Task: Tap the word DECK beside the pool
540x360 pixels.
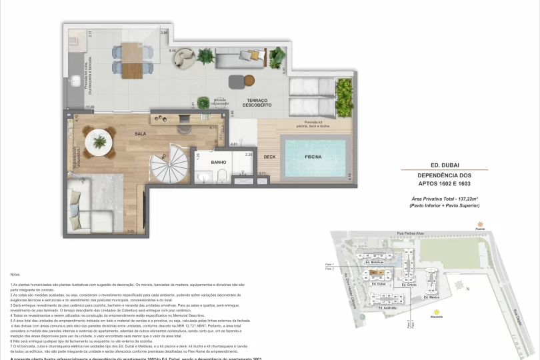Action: tap(269, 158)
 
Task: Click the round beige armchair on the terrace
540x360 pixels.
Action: tap(183, 59)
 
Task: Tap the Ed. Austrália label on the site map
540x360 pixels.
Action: tap(389, 308)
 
